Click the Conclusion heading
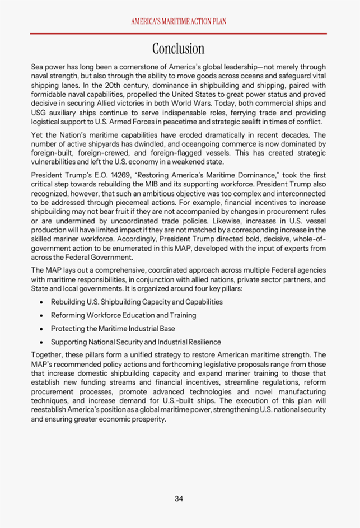(x=179, y=48)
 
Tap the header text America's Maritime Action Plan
(x=179, y=21)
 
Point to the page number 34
(x=179, y=498)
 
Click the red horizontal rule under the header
(x=179, y=34)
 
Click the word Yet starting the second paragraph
(x=38, y=135)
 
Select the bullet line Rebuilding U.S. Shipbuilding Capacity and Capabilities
(x=137, y=302)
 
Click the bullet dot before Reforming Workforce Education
(x=42, y=316)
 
